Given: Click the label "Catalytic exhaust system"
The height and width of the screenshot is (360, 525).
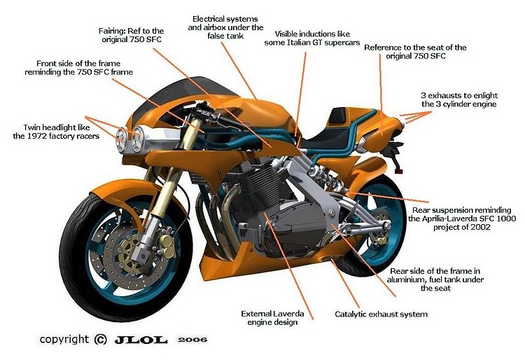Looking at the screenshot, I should [x=381, y=314].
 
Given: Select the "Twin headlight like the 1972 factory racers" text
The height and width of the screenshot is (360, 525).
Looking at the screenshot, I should [x=55, y=132].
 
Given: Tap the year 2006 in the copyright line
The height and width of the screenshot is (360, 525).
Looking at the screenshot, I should [x=192, y=339].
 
